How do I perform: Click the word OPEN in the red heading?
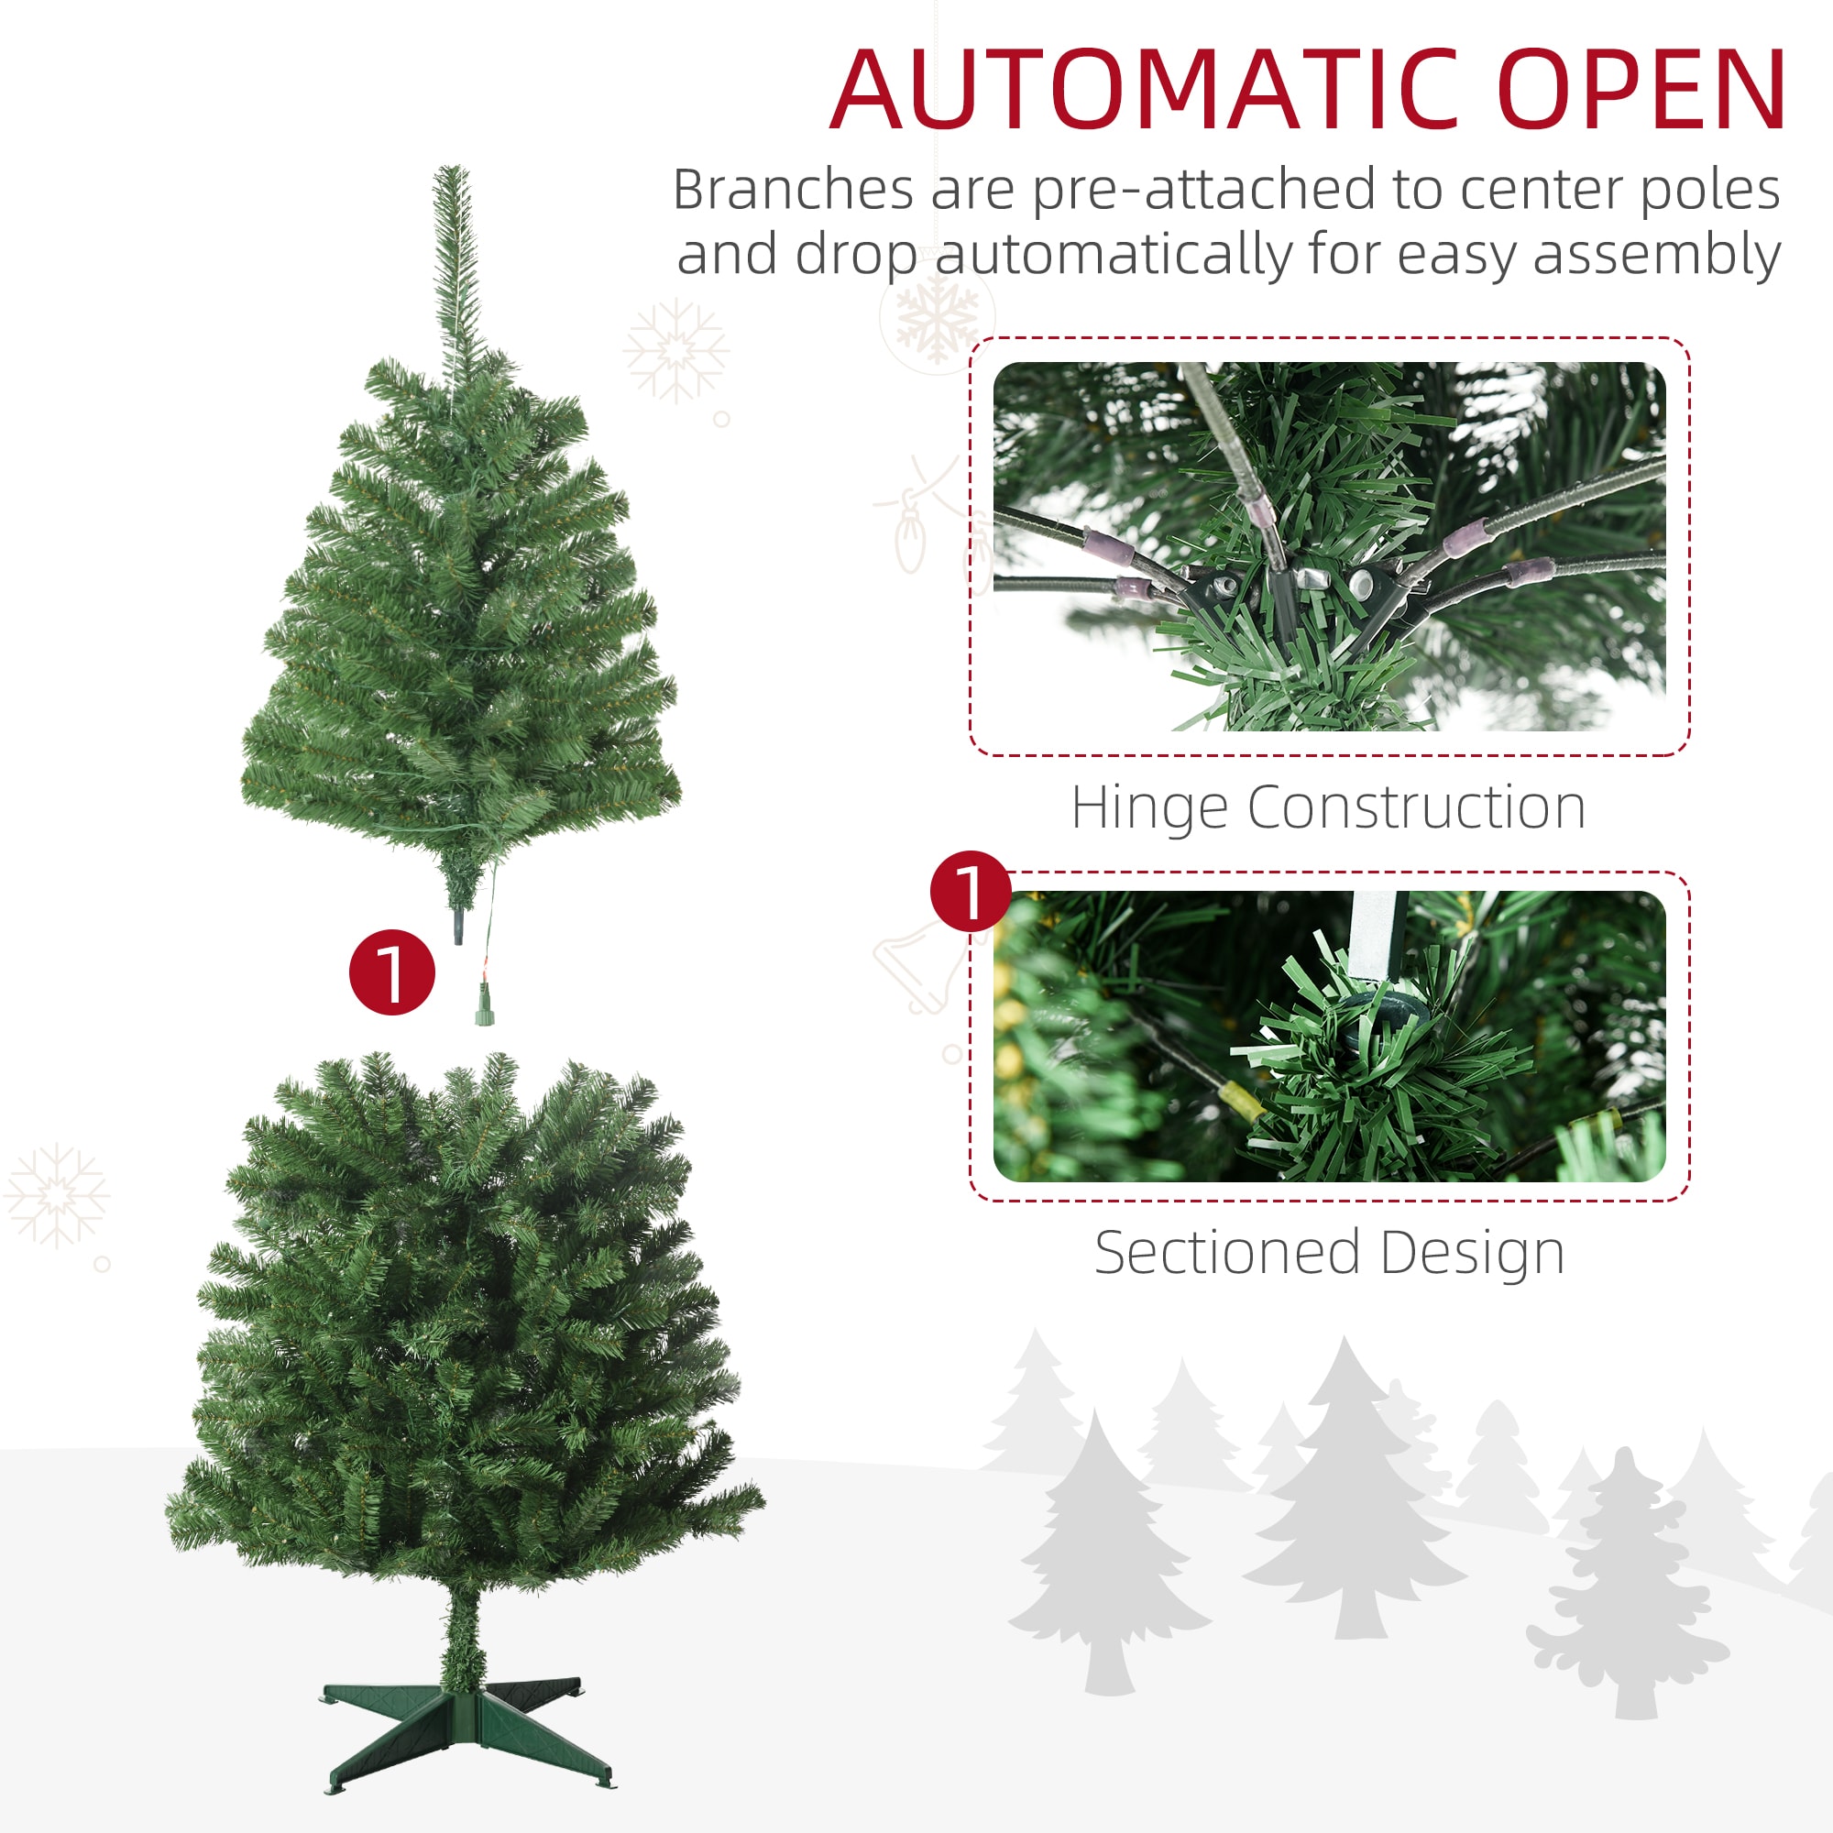pos(1641,91)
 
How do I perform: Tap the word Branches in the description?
pos(792,190)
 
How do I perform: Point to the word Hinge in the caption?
pos(1148,807)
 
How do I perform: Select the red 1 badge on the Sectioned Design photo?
pos(971,891)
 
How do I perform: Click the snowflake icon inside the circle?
pos(938,316)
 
